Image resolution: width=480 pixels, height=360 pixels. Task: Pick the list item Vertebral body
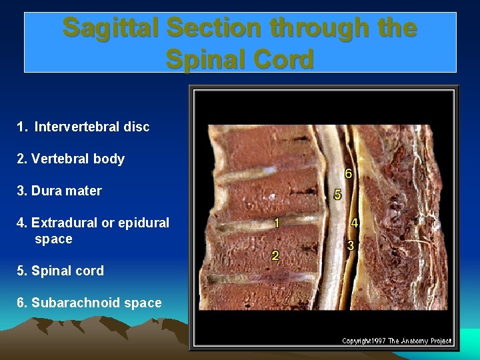pyautogui.click(x=71, y=159)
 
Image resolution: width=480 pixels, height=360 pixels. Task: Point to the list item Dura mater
pyautogui.click(x=59, y=191)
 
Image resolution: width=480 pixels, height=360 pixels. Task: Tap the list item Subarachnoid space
pyautogui.click(x=89, y=303)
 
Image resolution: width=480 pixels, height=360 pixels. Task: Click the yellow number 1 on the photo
pyautogui.click(x=276, y=223)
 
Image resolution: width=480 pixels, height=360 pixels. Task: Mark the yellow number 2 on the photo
pyautogui.click(x=275, y=255)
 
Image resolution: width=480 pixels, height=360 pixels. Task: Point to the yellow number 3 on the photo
pyautogui.click(x=351, y=245)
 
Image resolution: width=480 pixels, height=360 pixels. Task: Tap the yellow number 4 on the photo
pyautogui.click(x=355, y=223)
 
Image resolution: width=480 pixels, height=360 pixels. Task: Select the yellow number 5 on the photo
pyautogui.click(x=337, y=195)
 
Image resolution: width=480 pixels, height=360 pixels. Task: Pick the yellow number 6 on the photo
pyautogui.click(x=348, y=173)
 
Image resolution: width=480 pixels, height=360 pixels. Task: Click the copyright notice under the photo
pyautogui.click(x=397, y=341)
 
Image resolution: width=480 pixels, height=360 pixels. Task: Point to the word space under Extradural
pyautogui.click(x=53, y=239)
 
